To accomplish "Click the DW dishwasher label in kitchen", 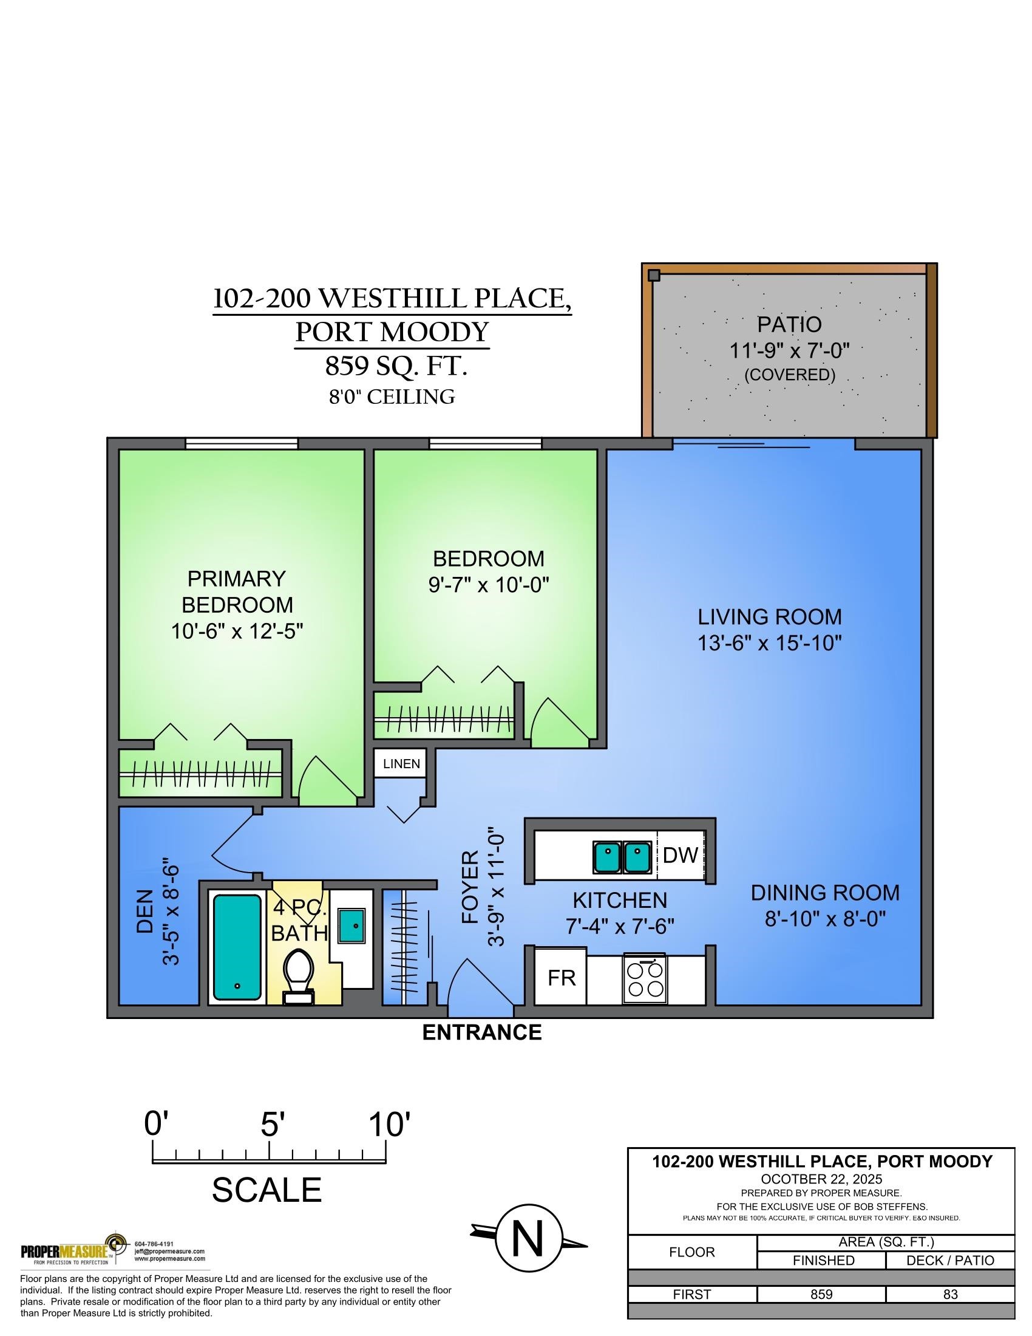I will [680, 854].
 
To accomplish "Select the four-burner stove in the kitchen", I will [645, 979].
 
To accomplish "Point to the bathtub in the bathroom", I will [237, 947].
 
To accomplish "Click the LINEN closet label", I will [401, 764].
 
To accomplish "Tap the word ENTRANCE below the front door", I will [482, 1032].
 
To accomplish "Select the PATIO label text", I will [789, 324].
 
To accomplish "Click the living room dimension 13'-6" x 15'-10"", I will [770, 643].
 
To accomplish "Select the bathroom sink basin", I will [351, 925].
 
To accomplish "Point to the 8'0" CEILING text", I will [392, 397].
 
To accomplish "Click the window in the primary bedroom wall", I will [242, 443].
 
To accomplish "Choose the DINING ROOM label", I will [825, 893].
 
